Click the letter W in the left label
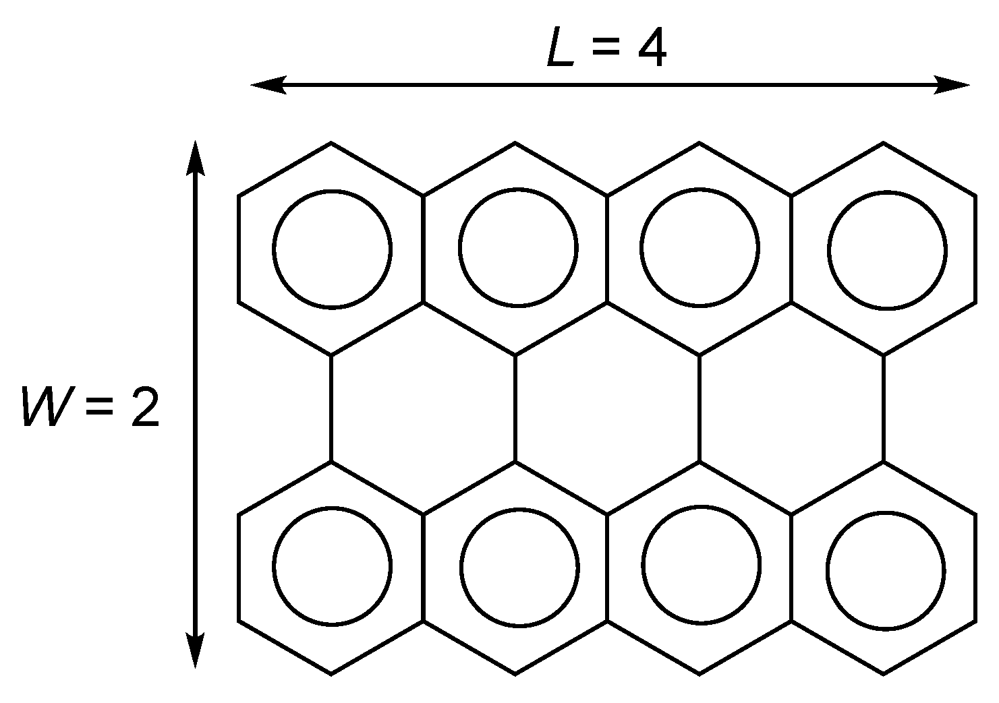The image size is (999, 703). click(x=42, y=406)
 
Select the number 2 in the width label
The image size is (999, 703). click(x=144, y=406)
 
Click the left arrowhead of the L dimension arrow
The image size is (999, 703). click(x=267, y=85)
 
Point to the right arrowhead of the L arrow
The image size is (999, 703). click(x=953, y=85)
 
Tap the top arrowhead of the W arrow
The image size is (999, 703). click(x=195, y=157)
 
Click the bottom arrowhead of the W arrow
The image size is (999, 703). click(x=195, y=651)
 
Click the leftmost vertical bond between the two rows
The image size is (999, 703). click(x=331, y=408)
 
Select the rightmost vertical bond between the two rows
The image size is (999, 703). click(x=884, y=408)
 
